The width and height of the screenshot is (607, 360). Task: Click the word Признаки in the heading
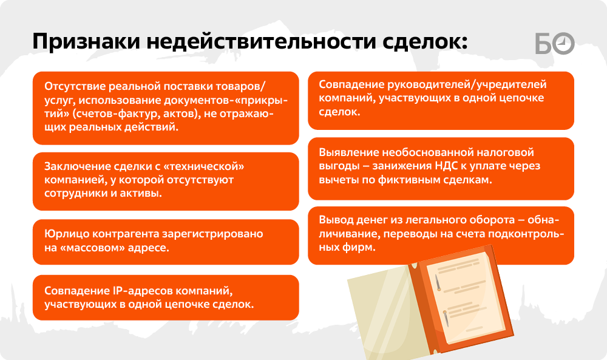[86, 41]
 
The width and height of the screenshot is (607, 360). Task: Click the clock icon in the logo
[563, 43]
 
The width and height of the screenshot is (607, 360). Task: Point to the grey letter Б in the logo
[544, 43]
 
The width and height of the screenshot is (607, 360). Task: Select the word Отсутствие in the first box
[75, 86]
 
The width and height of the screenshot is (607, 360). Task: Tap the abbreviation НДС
[446, 166]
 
